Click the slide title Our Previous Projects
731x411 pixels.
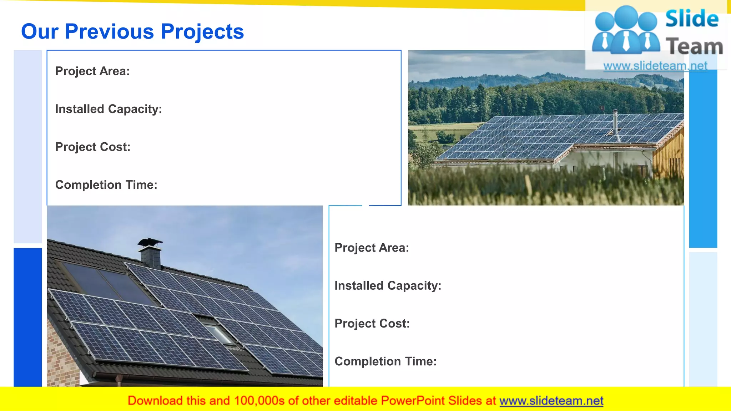coord(132,31)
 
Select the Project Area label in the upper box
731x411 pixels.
coord(92,71)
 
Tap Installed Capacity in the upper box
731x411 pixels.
coord(109,109)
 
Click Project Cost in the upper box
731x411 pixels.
coord(93,147)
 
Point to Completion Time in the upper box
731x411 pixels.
coord(106,185)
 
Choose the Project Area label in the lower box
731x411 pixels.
coord(372,248)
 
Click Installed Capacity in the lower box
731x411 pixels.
coord(388,285)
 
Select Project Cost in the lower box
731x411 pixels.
coord(372,323)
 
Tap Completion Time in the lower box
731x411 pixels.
coord(385,361)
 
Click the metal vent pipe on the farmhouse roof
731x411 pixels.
coord(615,123)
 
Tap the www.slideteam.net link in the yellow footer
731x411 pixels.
coord(551,401)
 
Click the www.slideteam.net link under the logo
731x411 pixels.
coord(655,66)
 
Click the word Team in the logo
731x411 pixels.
coord(694,46)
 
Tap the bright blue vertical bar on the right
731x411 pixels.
coord(703,157)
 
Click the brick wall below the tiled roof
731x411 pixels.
coord(62,357)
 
